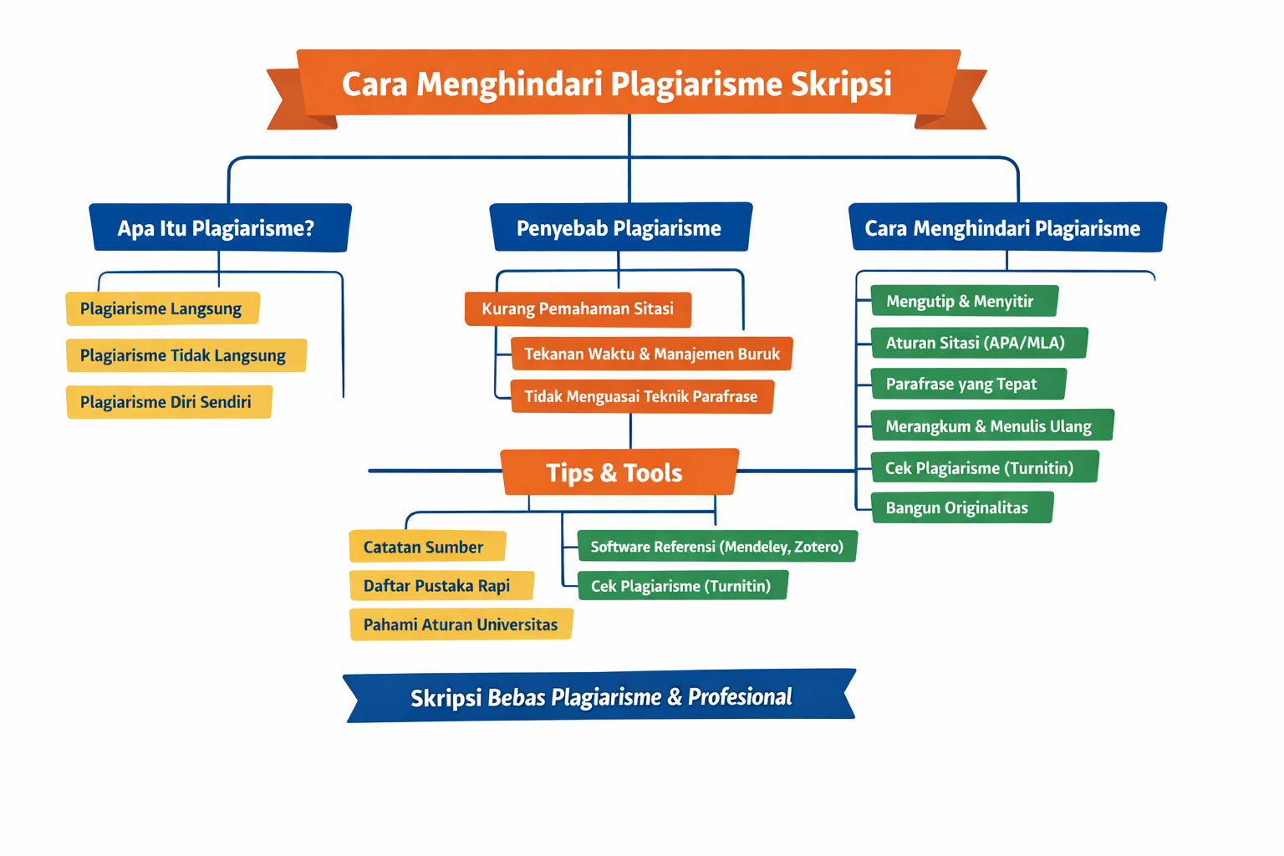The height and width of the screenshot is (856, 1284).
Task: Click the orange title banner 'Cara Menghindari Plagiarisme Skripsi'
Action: (617, 84)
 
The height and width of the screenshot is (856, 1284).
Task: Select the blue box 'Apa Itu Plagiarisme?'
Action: (219, 227)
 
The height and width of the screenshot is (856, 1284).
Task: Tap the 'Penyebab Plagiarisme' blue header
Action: (619, 227)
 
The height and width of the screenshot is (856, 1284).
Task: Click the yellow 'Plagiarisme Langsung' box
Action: (162, 308)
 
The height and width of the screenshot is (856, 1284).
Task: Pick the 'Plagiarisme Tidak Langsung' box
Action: (185, 355)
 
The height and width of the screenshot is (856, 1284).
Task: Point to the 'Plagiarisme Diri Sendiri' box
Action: (168, 402)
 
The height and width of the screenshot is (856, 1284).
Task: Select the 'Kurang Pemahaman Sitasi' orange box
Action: (578, 308)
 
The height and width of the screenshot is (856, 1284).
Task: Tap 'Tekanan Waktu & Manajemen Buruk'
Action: (651, 354)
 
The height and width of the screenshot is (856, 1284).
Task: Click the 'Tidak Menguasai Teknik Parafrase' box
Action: (641, 396)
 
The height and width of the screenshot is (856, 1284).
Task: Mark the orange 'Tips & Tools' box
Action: (618, 472)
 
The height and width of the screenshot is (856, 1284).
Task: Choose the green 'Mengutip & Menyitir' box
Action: (963, 301)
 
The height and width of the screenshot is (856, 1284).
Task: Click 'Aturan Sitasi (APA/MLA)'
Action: (977, 343)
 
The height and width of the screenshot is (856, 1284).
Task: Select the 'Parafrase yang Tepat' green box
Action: (967, 384)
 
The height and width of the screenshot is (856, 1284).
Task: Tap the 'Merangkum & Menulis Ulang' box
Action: (991, 425)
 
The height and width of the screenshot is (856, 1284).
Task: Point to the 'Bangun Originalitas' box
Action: (960, 507)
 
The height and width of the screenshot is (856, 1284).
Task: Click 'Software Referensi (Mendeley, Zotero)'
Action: (716, 547)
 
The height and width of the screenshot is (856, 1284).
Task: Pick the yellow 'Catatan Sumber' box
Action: (426, 547)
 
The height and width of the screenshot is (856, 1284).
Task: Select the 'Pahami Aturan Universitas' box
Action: (461, 624)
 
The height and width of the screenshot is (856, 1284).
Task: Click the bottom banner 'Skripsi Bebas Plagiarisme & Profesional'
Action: (600, 696)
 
